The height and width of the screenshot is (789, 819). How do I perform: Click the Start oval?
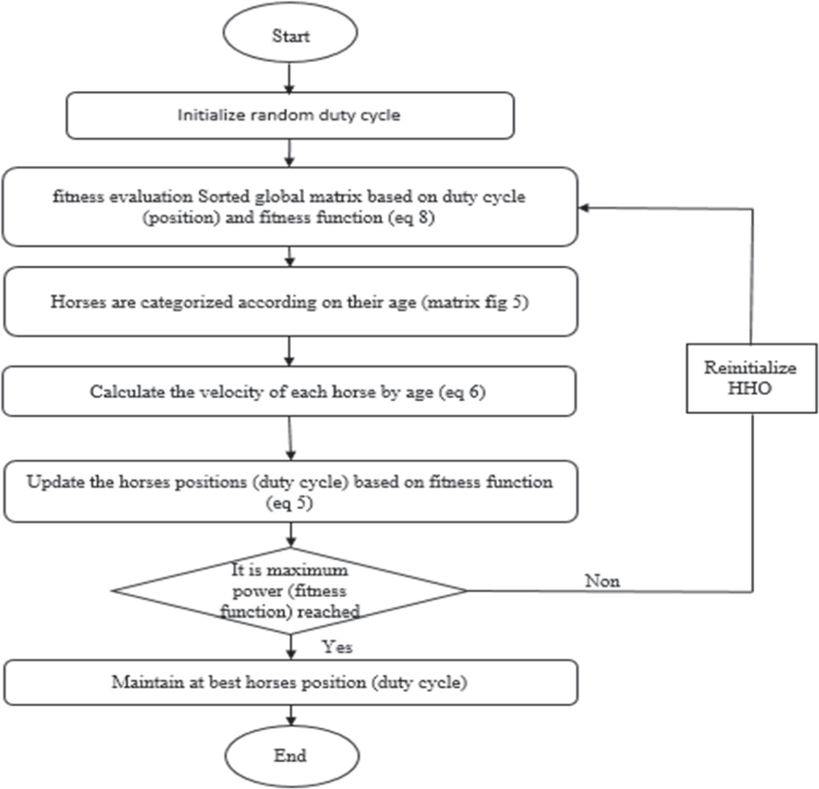point(290,36)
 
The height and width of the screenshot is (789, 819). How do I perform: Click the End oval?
point(290,755)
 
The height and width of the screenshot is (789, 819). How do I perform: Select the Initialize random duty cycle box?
point(290,115)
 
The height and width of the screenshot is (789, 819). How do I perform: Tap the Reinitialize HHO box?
point(751,379)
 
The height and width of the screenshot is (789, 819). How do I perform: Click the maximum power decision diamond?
point(290,590)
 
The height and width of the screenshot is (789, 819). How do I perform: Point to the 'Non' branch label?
point(603,581)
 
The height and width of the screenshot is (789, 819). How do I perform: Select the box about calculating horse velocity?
point(290,392)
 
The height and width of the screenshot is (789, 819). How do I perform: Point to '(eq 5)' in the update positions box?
point(290,502)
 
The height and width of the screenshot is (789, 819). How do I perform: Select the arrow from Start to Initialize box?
point(290,79)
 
